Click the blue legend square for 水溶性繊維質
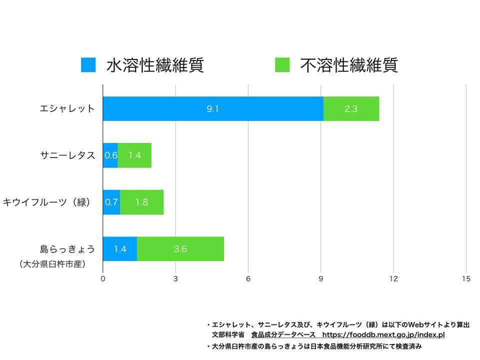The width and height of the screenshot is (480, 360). (88, 65)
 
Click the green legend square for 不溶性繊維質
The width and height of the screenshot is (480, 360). (282, 65)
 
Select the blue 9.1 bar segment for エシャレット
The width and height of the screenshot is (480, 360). (213, 108)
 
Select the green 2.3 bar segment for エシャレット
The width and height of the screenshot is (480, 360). (351, 108)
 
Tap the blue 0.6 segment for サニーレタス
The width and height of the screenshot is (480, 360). (110, 155)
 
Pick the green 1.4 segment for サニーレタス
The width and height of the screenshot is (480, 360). (134, 155)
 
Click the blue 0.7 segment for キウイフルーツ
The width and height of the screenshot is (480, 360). (111, 202)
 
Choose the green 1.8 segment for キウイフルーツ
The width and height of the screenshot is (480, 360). (141, 202)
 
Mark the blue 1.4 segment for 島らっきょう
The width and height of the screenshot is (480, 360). (119, 249)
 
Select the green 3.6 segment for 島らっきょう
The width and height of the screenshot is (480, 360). (180, 249)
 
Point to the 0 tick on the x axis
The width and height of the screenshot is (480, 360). (103, 279)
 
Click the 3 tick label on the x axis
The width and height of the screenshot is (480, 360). (175, 279)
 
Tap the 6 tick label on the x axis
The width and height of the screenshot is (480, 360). (248, 279)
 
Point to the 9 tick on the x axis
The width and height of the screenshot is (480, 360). (321, 279)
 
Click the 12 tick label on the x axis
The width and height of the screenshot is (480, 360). (393, 279)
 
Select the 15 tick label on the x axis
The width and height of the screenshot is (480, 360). (466, 279)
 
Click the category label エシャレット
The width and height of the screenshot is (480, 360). (67, 108)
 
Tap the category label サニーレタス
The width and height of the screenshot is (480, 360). (67, 155)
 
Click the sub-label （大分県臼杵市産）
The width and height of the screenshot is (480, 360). (52, 264)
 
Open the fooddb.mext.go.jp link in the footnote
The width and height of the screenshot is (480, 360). (383, 335)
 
